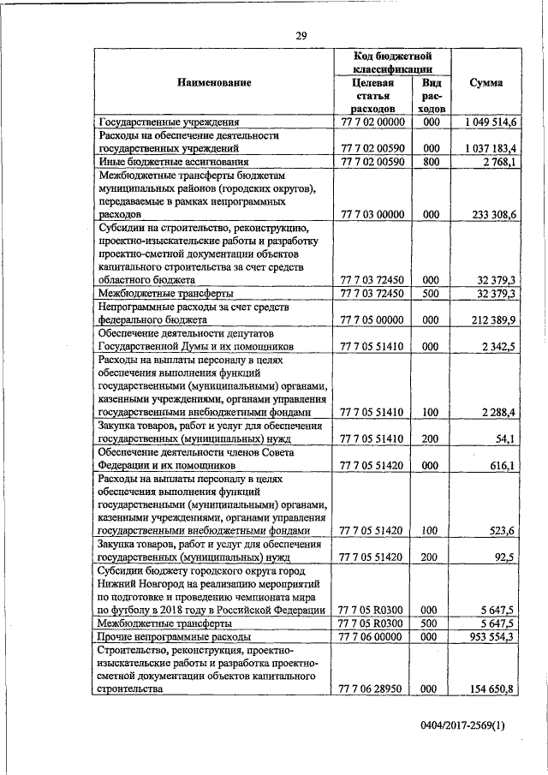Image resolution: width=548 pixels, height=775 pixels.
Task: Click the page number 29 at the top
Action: [301, 35]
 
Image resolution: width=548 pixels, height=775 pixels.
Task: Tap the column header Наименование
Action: [215, 83]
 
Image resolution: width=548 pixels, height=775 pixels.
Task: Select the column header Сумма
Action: [485, 83]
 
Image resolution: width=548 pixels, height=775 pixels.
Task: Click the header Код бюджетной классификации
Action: [390, 62]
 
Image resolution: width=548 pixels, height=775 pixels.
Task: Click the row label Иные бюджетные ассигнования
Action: [174, 161]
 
